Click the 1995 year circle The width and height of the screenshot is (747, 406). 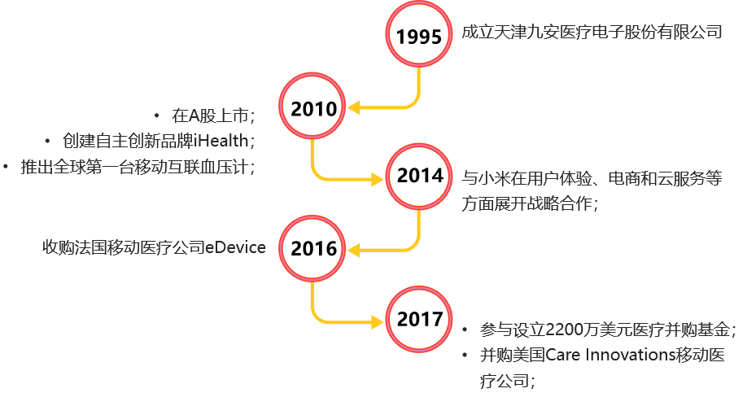[x=419, y=34]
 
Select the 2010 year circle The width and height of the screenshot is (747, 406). [x=312, y=107]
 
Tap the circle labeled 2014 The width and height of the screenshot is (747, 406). [x=419, y=177]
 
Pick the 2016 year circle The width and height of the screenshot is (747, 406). [x=312, y=248]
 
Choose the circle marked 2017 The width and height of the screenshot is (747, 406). [x=419, y=319]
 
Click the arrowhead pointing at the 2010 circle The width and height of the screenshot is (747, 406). [x=353, y=107]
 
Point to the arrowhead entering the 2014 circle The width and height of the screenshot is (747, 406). [x=378, y=180]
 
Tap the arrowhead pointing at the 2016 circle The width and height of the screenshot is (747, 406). [x=353, y=250]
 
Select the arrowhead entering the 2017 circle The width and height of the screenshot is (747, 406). [x=378, y=323]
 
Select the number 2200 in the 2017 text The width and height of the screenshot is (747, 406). [x=561, y=330]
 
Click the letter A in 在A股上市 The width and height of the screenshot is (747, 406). [x=194, y=116]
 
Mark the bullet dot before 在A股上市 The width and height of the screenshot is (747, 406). [x=157, y=116]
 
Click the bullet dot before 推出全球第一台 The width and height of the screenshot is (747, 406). [x=6, y=167]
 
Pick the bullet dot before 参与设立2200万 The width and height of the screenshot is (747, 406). [x=465, y=330]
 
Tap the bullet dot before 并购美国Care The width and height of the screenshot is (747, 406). [x=465, y=355]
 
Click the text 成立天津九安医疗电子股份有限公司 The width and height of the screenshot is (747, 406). [x=592, y=33]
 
